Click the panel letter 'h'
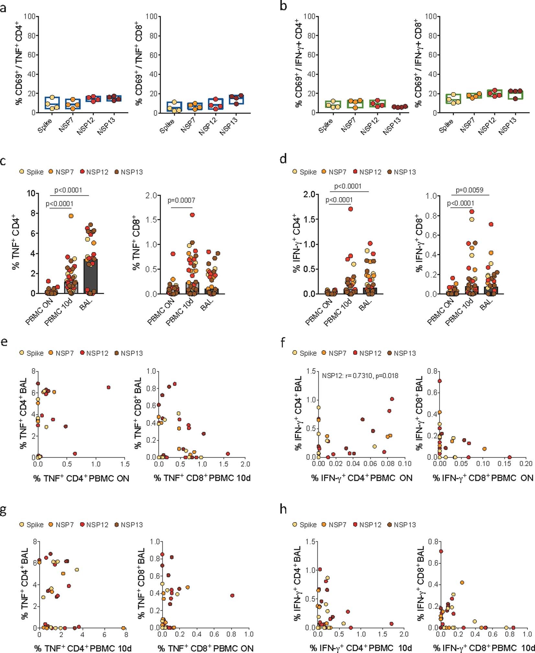tap(283, 509)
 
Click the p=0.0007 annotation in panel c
tap(181, 200)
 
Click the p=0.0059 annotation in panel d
tap(469, 190)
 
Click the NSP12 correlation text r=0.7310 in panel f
tap(360, 376)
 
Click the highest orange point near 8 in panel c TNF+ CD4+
tap(71, 216)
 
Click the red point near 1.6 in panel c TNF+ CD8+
tap(192, 215)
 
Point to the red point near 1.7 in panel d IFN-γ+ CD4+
tap(350, 209)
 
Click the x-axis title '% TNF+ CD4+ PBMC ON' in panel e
tap(81, 478)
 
